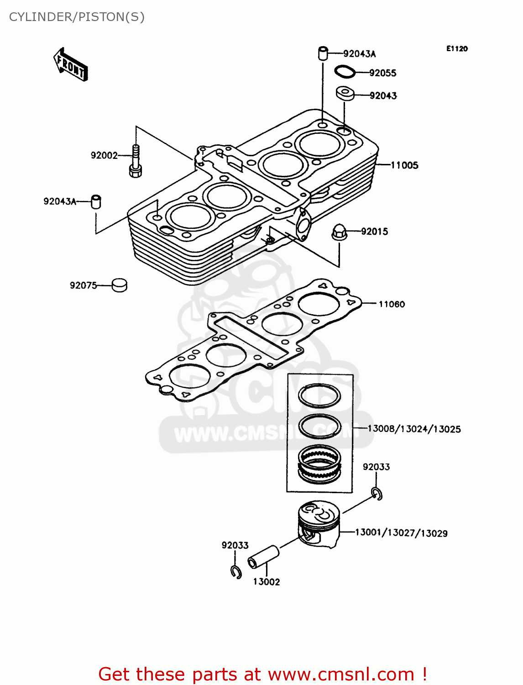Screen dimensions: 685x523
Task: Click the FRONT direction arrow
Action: click(x=70, y=64)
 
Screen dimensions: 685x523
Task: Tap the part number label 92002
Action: click(x=104, y=155)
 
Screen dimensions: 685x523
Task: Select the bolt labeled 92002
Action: click(x=136, y=160)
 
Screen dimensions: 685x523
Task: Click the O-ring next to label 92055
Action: click(x=345, y=72)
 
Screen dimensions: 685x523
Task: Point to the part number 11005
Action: click(x=404, y=165)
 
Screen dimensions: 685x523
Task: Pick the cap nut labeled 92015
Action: click(x=339, y=232)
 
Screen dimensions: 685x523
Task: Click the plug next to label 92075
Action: click(x=120, y=285)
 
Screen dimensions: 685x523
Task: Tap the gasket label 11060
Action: click(x=392, y=304)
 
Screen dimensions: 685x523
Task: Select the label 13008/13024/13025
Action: click(x=414, y=429)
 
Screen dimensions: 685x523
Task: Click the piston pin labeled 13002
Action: click(x=263, y=557)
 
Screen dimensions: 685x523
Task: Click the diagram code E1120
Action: click(x=457, y=48)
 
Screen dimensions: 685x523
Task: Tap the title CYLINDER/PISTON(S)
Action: click(x=77, y=17)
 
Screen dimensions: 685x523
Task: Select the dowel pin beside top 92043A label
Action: click(x=323, y=53)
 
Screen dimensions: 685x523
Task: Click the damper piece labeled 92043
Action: click(x=345, y=93)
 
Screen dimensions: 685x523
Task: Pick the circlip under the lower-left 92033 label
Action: click(x=236, y=571)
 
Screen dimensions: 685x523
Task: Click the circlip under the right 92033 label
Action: click(x=377, y=494)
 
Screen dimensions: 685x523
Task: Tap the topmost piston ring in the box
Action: click(x=319, y=395)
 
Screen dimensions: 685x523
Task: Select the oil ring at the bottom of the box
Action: click(x=319, y=464)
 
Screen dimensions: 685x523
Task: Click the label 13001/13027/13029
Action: click(x=401, y=533)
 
